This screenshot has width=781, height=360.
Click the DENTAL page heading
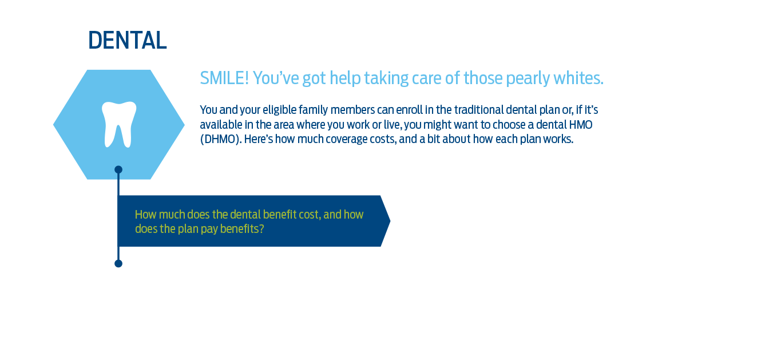[127, 40]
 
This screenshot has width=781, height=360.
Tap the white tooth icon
[119, 124]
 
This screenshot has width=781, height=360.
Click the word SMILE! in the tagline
[224, 78]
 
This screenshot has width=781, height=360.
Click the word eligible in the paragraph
[279, 110]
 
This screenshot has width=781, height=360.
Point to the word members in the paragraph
[352, 110]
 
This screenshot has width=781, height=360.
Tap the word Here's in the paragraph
[259, 139]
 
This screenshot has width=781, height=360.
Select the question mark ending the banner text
[261, 229]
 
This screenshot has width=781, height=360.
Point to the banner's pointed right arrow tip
[390, 221]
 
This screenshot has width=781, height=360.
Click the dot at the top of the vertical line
[118, 169]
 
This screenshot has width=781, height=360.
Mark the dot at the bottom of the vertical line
[118, 263]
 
